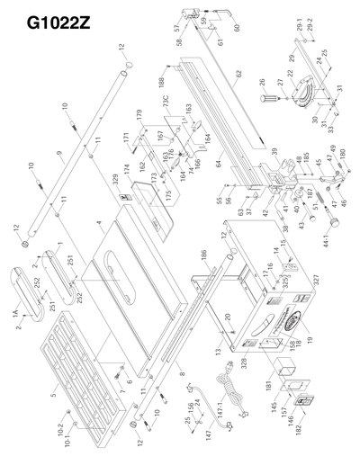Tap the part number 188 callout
pyautogui.click(x=162, y=81)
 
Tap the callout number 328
pyautogui.click(x=243, y=360)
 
